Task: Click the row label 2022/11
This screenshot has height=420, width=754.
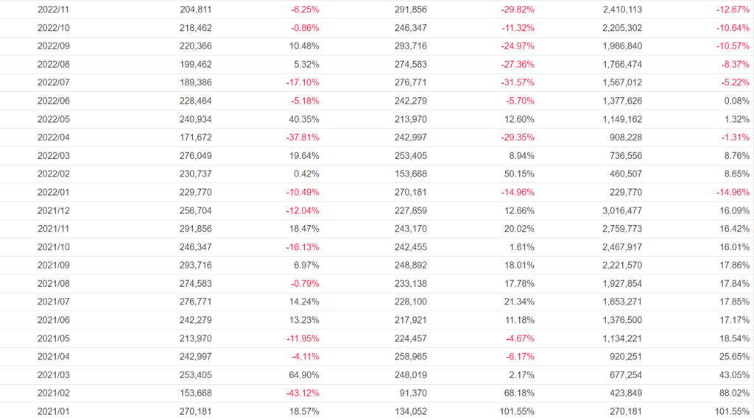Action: click(53, 10)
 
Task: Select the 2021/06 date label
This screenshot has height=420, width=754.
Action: click(53, 320)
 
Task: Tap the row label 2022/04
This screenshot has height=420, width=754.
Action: click(53, 138)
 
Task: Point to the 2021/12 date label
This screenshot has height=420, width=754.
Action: click(53, 210)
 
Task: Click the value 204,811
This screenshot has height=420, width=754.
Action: click(195, 10)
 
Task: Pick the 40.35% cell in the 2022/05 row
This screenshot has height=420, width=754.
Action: click(302, 119)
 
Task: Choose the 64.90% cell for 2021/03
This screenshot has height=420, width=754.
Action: click(302, 374)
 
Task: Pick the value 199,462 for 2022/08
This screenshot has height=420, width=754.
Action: click(195, 64)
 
